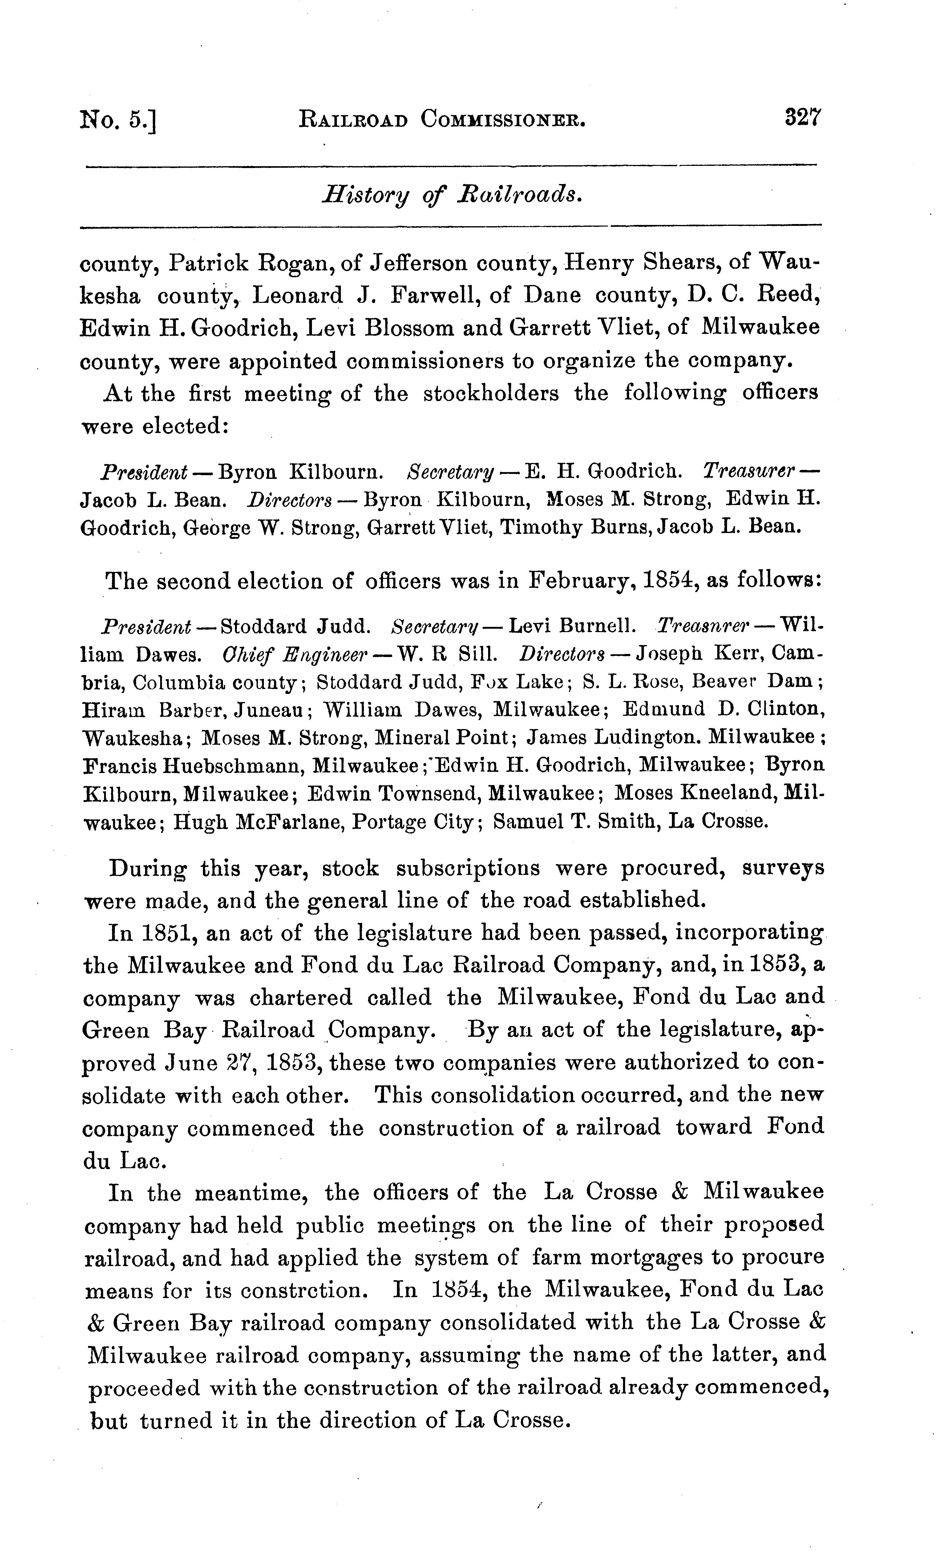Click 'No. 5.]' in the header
click(118, 120)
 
